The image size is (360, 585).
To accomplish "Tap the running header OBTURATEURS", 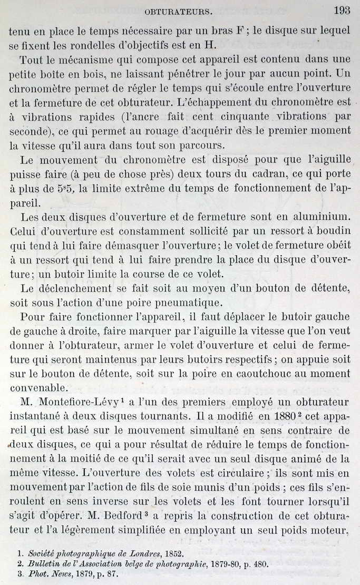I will (x=178, y=11).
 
